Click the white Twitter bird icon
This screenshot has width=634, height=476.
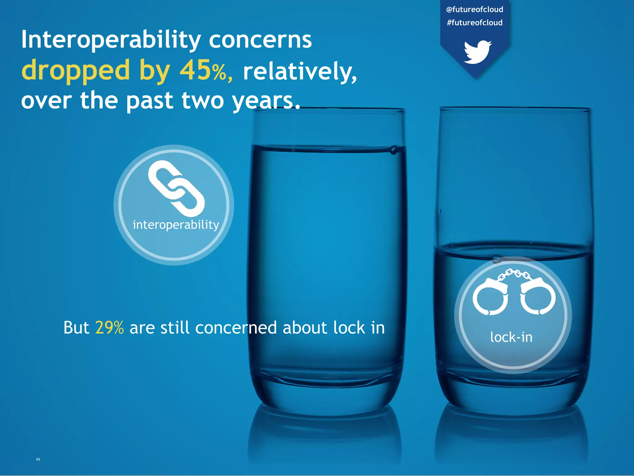pyautogui.click(x=478, y=52)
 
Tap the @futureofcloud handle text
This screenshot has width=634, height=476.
pyautogui.click(x=475, y=10)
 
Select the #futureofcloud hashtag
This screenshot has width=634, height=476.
pyautogui.click(x=475, y=23)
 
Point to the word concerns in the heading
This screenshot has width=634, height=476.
pyautogui.click(x=260, y=40)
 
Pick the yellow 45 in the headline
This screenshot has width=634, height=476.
pyautogui.click(x=195, y=70)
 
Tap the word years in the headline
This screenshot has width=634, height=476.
pyautogui.click(x=266, y=101)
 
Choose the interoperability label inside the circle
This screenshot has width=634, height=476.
pyautogui.click(x=176, y=225)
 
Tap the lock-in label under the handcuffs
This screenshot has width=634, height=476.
pyautogui.click(x=511, y=337)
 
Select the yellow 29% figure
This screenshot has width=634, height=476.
pyautogui.click(x=110, y=328)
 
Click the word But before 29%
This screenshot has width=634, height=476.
pyautogui.click(x=76, y=328)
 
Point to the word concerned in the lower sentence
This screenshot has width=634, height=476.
pyautogui.click(x=236, y=328)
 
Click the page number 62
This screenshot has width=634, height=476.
pyautogui.click(x=38, y=459)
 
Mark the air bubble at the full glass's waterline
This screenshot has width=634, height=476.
pyautogui.click(x=393, y=151)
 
